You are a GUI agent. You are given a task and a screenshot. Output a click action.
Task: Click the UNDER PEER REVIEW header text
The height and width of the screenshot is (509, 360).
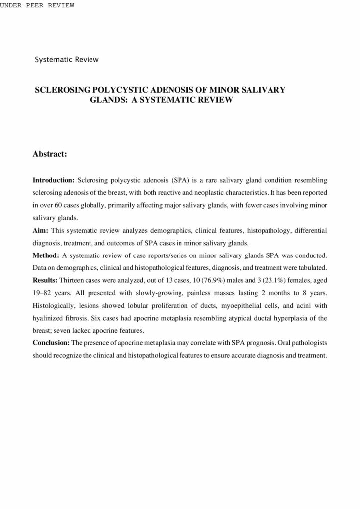click(x=37, y=5)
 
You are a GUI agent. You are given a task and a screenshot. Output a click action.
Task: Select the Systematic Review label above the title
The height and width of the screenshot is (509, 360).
click(x=67, y=60)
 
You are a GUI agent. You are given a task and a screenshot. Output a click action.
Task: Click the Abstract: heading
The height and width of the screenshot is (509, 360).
click(x=50, y=154)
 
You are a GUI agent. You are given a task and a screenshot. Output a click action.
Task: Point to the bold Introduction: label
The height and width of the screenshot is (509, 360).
click(x=54, y=179)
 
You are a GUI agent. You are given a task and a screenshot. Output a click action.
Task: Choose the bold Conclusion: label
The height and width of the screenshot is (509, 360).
click(x=51, y=343)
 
